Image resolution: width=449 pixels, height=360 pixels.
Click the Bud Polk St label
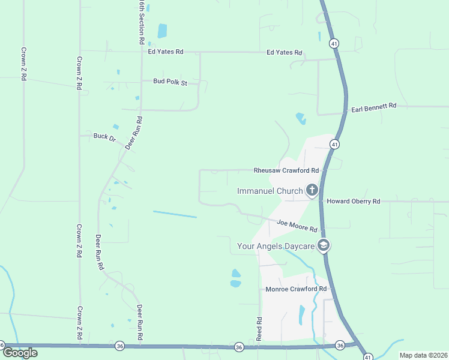[170, 81]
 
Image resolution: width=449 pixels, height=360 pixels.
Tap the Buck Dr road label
[104, 136]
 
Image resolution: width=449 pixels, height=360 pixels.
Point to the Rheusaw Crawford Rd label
[286, 170]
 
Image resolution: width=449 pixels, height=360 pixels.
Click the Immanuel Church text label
[270, 191]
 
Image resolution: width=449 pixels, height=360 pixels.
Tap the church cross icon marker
[312, 191]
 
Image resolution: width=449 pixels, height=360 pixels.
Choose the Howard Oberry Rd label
[353, 202]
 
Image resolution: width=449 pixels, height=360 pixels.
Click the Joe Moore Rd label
[297, 226]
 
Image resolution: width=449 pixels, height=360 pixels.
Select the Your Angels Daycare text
[276, 245]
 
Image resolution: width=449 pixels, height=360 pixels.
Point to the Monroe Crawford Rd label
[296, 289]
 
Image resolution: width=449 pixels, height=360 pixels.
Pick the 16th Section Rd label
[142, 23]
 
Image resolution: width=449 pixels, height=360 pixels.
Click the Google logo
[20, 352]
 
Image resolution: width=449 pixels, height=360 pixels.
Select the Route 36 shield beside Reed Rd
[239, 347]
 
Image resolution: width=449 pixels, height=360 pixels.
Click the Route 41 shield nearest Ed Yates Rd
[333, 43]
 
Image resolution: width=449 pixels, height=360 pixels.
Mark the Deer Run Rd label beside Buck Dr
[133, 133]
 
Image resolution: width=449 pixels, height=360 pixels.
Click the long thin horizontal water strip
[175, 214]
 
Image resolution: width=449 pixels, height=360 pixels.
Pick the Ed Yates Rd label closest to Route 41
[285, 52]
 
